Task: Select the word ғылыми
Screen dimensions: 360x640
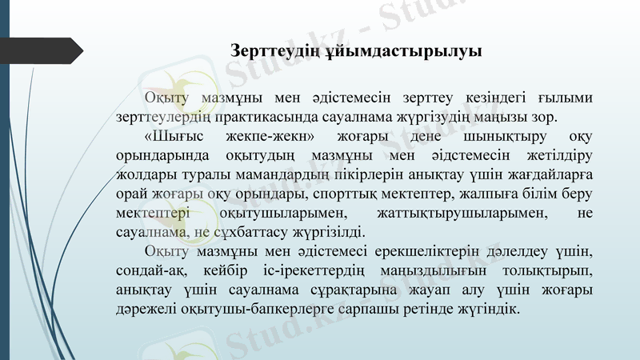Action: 569,98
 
